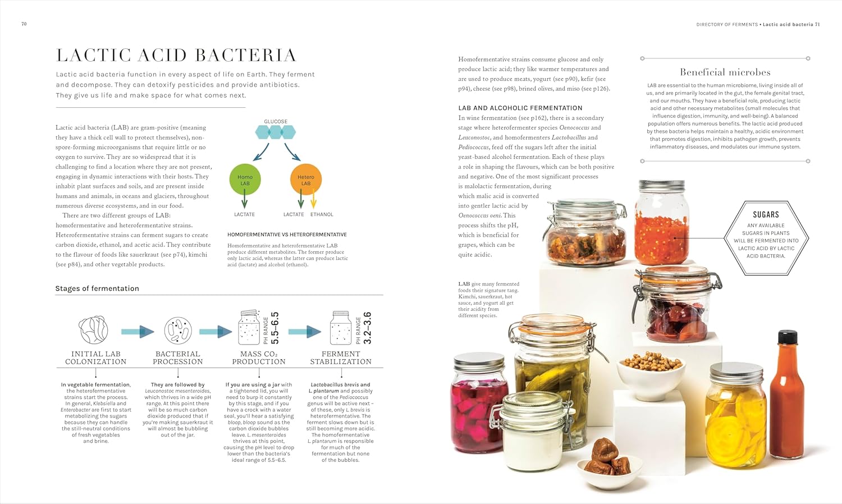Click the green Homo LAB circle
pos(245,180)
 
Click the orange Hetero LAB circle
pos(305,180)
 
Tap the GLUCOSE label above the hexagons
pos(276,121)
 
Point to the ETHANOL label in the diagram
pos(322,214)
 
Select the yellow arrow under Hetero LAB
pos(313,199)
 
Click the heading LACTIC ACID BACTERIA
pos(176,55)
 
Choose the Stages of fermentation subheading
pos(97,288)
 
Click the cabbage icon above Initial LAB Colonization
pos(93,329)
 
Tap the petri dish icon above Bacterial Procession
pos(178,331)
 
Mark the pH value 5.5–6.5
pos(275,328)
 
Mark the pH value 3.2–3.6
pos(368,328)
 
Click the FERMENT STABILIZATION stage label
pos(341,358)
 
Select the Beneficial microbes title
pos(725,72)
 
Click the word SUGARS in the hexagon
pos(766,214)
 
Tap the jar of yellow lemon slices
pos(736,415)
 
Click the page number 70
pos(24,24)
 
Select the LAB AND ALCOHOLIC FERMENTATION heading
pos(520,108)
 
